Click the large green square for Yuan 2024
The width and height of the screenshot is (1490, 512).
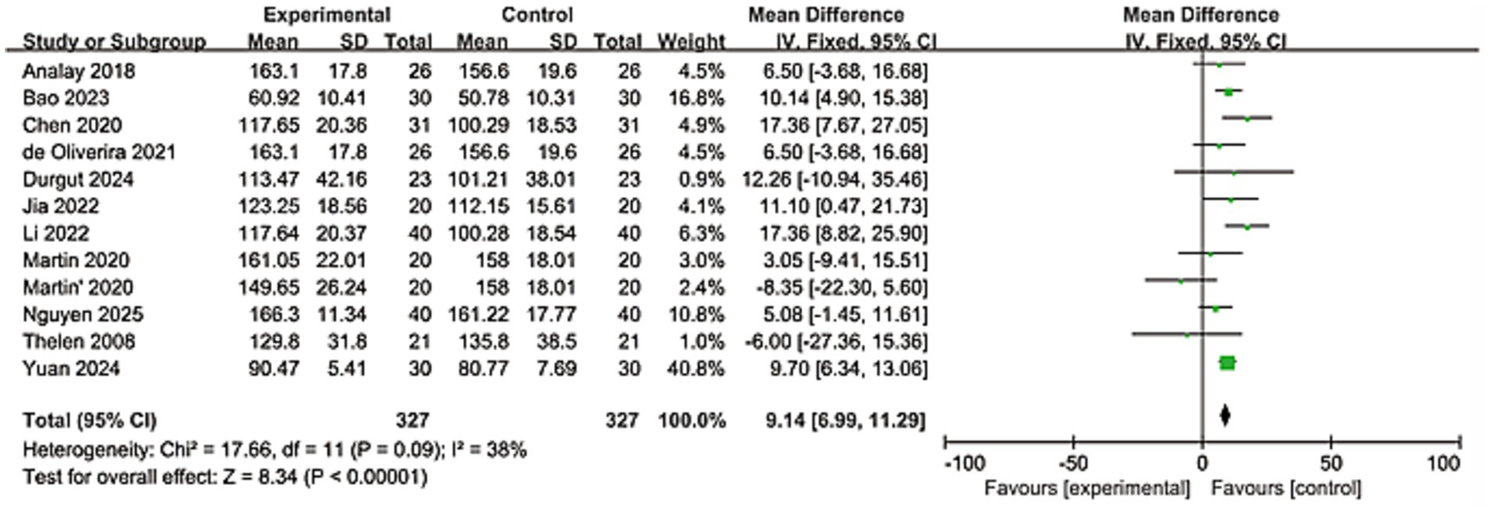pos(1227,362)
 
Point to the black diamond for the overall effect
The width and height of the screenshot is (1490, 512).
pos(1225,416)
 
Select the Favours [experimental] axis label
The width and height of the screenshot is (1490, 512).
pos(1087,487)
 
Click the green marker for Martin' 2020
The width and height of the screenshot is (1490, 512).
pos(1181,281)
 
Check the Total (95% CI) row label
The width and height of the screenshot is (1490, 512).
pos(88,421)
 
